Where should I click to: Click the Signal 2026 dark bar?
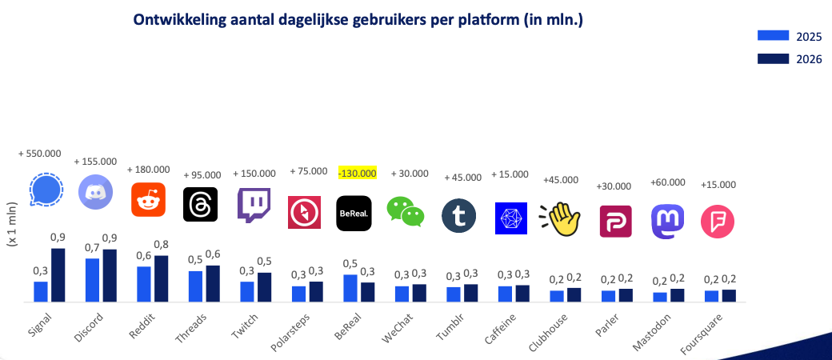[58, 275]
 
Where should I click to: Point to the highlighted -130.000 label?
[356, 173]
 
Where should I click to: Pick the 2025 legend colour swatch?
[772, 35]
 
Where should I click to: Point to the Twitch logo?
[254, 205]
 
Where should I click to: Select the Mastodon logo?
[668, 222]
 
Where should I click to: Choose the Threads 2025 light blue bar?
[195, 286]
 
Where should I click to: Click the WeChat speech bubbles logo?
[406, 210]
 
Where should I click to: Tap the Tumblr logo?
[458, 216]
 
